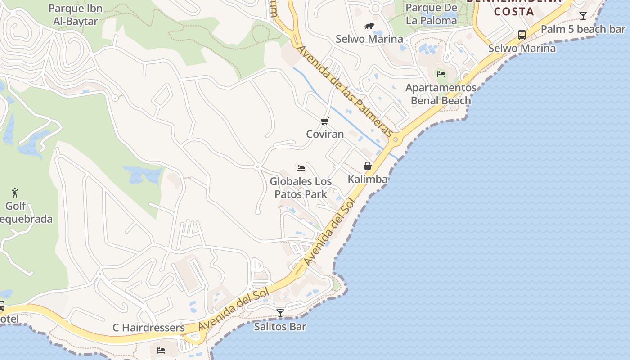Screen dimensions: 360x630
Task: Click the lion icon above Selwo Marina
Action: point(369,26)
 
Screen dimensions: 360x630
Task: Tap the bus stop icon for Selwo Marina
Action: point(522,35)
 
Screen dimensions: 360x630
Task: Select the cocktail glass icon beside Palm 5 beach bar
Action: point(583,16)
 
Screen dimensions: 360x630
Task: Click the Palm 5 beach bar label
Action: point(583,29)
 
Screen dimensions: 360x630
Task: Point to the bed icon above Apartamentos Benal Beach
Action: point(441,74)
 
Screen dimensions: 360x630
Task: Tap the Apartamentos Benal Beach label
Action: point(441,94)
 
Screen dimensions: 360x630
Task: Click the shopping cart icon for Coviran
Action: point(325,121)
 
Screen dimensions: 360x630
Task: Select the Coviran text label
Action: point(325,134)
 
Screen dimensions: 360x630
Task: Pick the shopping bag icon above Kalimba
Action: point(368,166)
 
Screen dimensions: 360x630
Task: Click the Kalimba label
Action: point(368,179)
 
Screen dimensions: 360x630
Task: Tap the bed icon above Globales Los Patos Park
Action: point(301,168)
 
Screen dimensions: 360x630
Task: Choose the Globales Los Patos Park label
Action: point(301,188)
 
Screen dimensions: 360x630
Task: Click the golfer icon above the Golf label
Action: point(15,193)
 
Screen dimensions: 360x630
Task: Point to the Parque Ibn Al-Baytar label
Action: point(76,14)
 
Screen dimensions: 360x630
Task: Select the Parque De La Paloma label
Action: point(431,14)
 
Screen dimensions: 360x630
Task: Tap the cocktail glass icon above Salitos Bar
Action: point(280,313)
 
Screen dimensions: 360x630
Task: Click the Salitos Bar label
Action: point(280,326)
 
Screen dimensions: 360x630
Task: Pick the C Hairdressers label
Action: point(148,328)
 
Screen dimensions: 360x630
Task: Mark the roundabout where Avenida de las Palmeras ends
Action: point(396,139)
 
